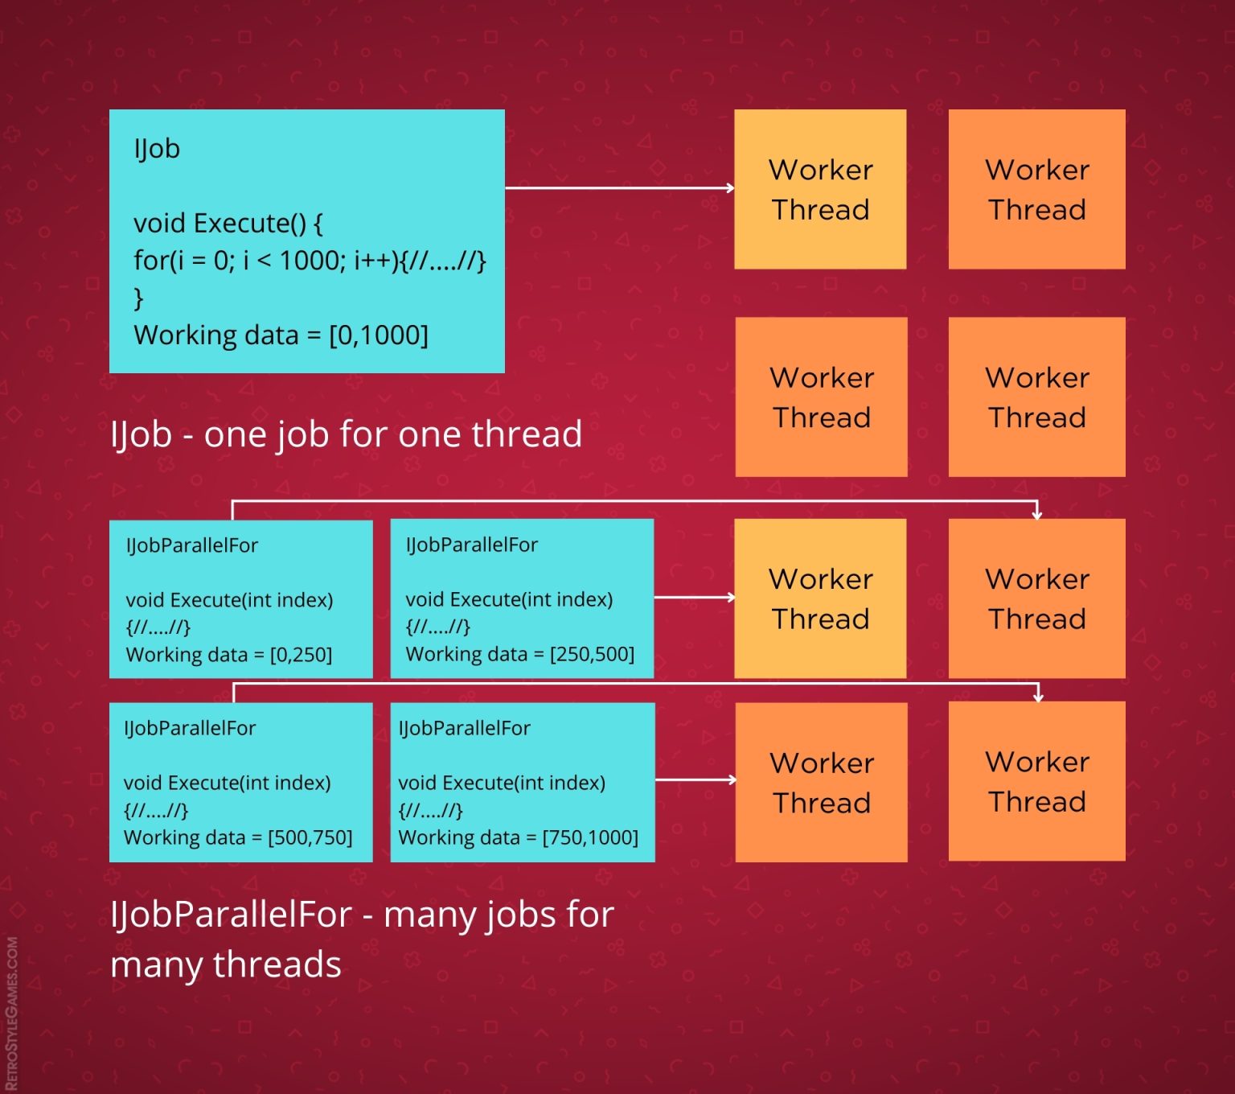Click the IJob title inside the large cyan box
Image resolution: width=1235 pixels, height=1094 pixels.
tap(157, 149)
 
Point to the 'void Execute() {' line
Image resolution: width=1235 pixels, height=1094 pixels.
tap(228, 223)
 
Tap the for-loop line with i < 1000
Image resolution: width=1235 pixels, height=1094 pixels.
tap(310, 261)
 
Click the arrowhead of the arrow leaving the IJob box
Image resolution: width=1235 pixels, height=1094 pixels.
tap(730, 188)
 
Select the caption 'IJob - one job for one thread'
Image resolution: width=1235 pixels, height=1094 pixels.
tap(346, 434)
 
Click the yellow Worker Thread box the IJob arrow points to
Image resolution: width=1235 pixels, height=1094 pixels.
tap(820, 189)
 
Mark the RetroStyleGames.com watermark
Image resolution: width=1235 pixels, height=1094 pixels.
tap(12, 1014)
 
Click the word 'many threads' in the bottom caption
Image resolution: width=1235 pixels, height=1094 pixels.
tap(226, 964)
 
